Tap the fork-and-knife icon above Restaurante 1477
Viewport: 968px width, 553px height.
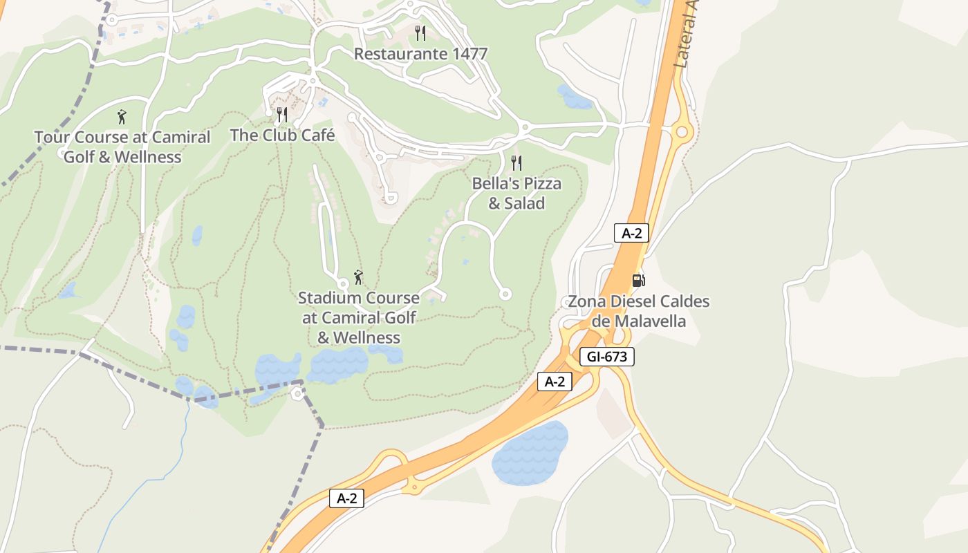420,32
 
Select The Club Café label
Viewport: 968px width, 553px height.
282,135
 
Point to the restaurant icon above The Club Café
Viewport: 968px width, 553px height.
282,114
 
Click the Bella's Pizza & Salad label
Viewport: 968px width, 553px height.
516,194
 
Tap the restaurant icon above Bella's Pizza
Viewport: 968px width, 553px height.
516,163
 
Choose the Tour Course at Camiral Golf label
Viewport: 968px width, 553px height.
122,147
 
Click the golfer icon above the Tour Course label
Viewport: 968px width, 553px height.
122,117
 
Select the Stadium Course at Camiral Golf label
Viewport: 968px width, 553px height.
359,317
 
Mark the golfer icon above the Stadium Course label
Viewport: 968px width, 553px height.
358,277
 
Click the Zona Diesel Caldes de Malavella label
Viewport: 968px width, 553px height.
638,311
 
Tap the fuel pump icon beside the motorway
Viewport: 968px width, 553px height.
639,280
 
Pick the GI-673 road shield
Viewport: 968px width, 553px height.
606,357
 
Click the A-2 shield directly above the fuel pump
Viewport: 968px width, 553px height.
631,233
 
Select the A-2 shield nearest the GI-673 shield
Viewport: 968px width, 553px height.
555,382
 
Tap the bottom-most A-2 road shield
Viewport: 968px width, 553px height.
346,498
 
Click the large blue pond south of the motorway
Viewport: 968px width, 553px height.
529,453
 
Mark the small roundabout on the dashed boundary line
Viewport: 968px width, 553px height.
298,393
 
